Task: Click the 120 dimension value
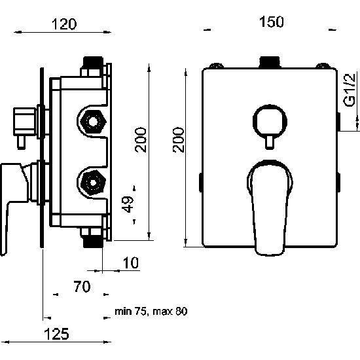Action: (64, 24)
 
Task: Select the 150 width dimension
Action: (272, 22)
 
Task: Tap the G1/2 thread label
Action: (350, 90)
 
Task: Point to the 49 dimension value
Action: (128, 204)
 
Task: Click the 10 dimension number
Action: (131, 263)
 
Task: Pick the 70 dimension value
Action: (82, 287)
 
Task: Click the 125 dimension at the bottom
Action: (56, 334)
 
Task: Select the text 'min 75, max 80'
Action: (151, 312)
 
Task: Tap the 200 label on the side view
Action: (141, 139)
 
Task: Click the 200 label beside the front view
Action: (179, 140)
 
